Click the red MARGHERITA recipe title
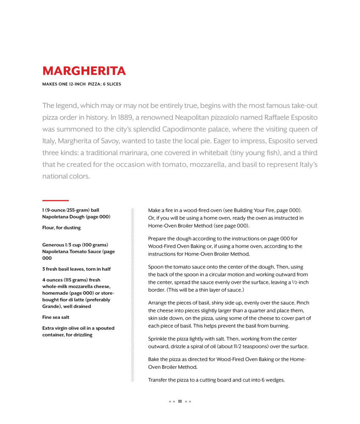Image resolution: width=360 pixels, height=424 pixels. (84, 71)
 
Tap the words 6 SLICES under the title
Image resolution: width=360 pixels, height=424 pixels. (111, 84)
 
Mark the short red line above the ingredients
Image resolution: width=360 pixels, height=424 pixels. (55, 200)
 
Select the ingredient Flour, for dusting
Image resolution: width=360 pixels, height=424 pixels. (61, 228)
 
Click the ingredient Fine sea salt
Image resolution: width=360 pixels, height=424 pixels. (56, 317)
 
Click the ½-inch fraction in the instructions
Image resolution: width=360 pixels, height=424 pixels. (299, 282)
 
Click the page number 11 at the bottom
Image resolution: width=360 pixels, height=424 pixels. (180, 402)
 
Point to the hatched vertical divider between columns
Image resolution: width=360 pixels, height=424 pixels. (133, 295)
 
